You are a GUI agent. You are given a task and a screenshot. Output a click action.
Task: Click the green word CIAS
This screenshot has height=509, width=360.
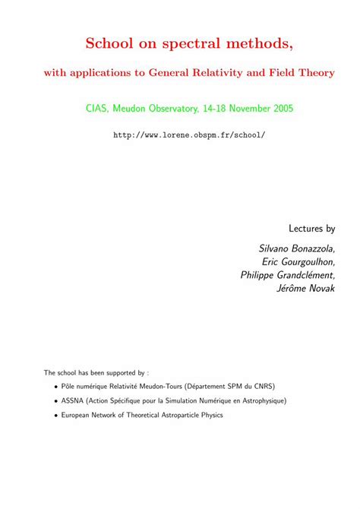pos(98,109)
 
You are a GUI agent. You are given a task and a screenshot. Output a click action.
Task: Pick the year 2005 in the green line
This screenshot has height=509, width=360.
pos(280,109)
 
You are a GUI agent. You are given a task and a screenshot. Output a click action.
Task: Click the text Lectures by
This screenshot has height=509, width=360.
pos(312,228)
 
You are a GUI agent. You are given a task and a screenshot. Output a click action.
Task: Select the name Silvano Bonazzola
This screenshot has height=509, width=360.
pos(297,248)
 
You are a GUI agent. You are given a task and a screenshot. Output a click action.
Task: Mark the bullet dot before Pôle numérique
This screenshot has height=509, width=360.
pos(55,387)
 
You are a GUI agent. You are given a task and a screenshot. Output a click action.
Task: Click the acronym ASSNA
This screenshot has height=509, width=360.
pos(74,400)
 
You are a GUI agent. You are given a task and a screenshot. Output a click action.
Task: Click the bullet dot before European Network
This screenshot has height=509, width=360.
pos(55,415)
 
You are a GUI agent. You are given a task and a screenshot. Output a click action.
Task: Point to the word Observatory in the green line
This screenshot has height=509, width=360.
pos(161,109)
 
